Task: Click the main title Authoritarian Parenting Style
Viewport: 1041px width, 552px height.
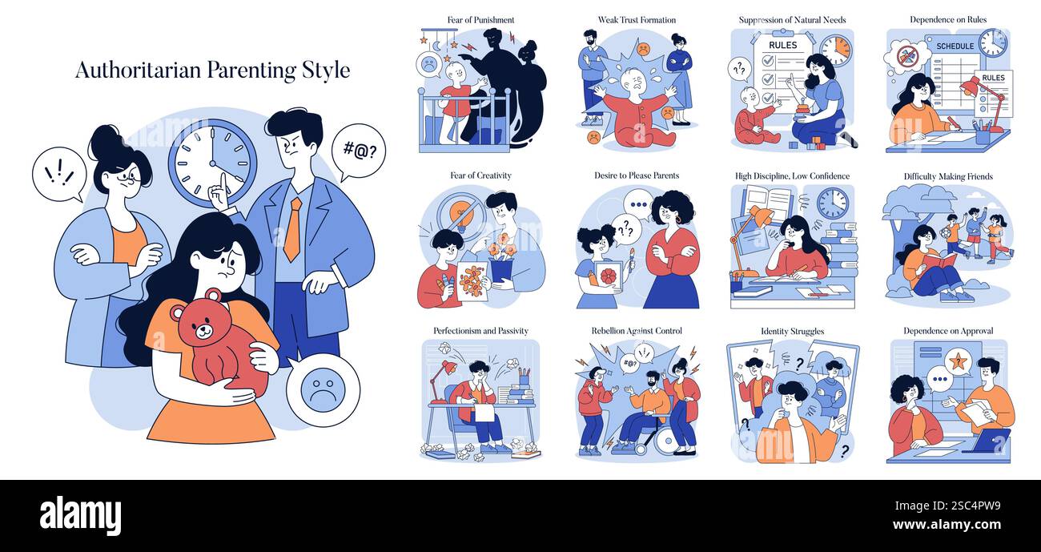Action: click(212, 70)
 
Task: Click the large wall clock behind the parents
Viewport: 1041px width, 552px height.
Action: click(212, 163)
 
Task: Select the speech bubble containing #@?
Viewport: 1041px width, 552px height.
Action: click(358, 150)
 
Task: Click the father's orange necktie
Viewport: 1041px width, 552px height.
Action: click(293, 229)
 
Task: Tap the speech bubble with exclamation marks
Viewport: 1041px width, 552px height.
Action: click(58, 173)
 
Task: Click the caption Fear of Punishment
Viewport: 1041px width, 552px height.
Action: click(480, 19)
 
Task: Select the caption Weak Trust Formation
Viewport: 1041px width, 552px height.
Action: click(637, 19)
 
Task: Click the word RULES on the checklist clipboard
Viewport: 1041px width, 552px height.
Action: click(782, 46)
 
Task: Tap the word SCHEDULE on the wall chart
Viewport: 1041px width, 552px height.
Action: click(954, 46)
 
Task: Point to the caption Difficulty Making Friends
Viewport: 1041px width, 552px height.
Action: click(948, 175)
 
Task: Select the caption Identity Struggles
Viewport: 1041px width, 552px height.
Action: click(792, 331)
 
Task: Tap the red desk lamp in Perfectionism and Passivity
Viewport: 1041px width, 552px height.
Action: click(444, 371)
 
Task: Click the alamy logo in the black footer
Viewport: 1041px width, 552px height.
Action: click(80, 516)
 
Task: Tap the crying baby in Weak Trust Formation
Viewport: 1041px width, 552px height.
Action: click(637, 108)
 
